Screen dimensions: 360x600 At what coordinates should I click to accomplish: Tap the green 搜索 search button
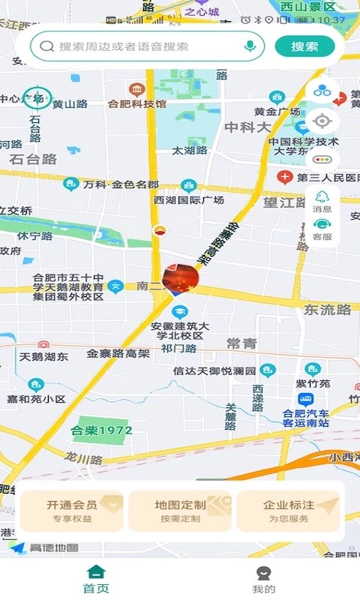tap(304, 46)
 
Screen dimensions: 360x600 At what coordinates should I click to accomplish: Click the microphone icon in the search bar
tap(250, 46)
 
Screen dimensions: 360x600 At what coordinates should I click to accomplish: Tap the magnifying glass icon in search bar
tap(47, 46)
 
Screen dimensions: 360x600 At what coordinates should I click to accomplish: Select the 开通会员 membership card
tap(72, 511)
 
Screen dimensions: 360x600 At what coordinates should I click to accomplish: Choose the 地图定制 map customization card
tap(180, 511)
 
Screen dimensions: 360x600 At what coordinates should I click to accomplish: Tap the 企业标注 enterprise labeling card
tap(289, 511)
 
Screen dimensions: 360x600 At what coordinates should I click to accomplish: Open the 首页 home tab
tap(96, 579)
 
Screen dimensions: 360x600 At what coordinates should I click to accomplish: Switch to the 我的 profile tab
tap(263, 579)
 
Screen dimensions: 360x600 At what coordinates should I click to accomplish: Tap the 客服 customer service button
tap(322, 229)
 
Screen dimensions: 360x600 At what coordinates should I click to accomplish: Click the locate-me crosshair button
tap(322, 121)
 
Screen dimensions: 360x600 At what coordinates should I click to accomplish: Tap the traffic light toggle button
tap(322, 159)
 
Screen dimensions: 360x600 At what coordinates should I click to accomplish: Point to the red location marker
tap(180, 278)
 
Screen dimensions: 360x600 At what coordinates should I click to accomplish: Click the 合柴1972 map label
tap(101, 430)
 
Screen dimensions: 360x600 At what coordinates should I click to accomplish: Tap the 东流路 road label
tap(327, 310)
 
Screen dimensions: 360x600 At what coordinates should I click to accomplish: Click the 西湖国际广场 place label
tap(189, 200)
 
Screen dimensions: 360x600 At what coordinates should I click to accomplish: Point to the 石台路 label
tap(34, 159)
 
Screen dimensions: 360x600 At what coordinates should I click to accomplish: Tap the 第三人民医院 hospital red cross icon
tap(285, 178)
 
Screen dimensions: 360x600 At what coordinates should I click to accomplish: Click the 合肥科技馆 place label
tap(136, 104)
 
